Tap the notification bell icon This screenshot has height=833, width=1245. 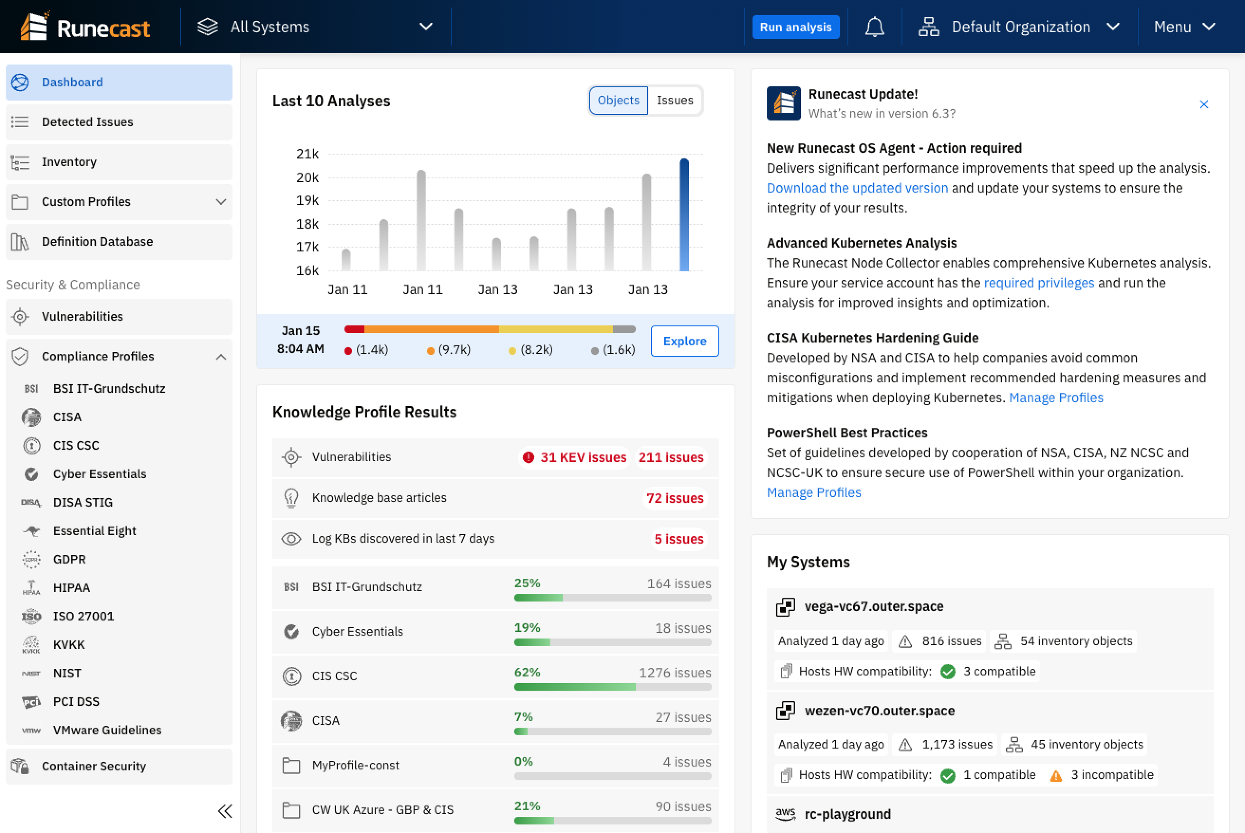point(874,27)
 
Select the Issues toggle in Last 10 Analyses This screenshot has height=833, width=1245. point(674,101)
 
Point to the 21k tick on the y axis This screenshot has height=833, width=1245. point(307,154)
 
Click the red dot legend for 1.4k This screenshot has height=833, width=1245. point(349,351)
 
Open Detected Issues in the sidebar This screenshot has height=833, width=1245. point(87,122)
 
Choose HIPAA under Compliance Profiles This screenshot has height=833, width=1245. point(72,588)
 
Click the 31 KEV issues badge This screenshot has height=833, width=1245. point(575,457)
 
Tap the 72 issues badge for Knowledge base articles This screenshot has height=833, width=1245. point(674,498)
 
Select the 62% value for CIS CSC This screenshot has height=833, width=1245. point(527,672)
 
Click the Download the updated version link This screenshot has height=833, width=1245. point(856,188)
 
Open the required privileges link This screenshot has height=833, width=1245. point(1038,283)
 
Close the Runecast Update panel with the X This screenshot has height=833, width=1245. point(1204,105)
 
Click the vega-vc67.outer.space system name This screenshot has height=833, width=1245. point(873,607)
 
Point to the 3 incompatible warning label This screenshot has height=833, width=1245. point(1111,775)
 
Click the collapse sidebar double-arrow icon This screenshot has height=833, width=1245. point(225,811)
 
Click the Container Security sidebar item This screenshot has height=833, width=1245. point(93,766)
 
